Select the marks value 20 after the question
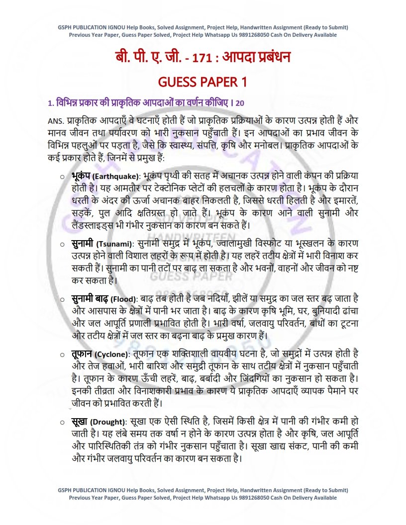240,103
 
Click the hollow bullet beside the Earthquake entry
61,176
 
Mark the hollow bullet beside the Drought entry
61,422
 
